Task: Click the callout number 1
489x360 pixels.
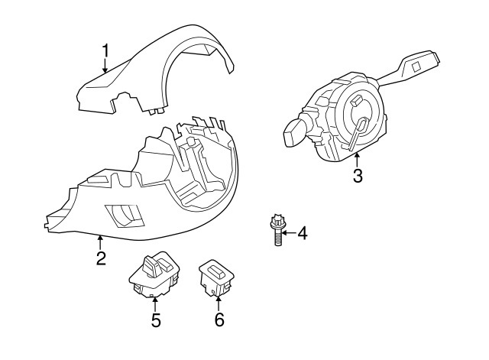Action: tap(105, 51)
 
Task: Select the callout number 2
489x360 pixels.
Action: tap(100, 258)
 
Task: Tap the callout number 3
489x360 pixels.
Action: tap(357, 177)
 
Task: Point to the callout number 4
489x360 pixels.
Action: tap(302, 232)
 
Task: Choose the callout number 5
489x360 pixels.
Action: tap(155, 320)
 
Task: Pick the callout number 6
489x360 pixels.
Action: tap(219, 320)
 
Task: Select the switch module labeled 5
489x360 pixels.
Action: tap(154, 274)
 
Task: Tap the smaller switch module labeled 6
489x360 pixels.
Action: tap(216, 277)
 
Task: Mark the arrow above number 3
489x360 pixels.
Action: tap(357, 158)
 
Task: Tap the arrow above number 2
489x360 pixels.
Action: tap(100, 241)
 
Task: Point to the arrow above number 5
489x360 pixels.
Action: tap(155, 303)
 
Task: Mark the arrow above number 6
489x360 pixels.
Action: tap(219, 303)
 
